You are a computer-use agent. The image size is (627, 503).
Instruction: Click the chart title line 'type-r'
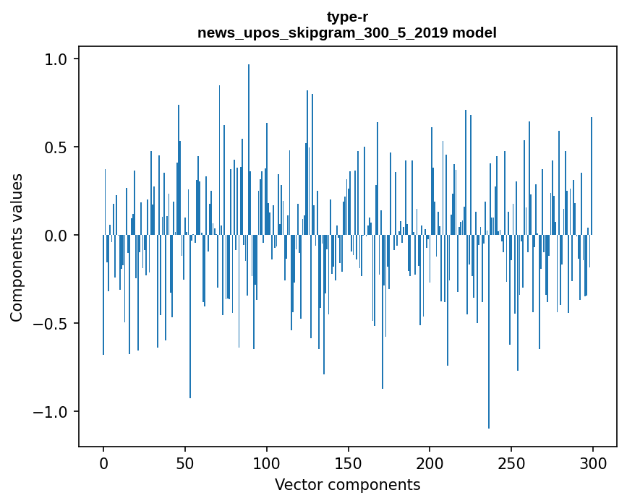click(x=347, y=17)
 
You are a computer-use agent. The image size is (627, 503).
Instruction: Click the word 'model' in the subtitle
click(x=474, y=33)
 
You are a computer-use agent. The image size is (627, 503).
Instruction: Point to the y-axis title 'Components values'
click(x=17, y=248)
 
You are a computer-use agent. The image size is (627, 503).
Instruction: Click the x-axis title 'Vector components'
click(x=347, y=485)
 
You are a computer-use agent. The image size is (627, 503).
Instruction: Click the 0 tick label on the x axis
click(x=103, y=463)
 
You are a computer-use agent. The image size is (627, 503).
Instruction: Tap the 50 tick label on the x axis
click(x=184, y=463)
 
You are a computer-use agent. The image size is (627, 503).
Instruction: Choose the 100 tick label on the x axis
click(x=266, y=463)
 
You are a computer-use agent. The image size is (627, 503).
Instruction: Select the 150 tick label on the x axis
click(x=348, y=463)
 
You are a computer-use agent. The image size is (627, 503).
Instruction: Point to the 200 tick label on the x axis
click(x=430, y=463)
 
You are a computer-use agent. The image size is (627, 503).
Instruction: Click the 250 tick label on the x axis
click(x=511, y=463)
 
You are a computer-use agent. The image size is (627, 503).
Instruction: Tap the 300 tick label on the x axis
click(x=592, y=463)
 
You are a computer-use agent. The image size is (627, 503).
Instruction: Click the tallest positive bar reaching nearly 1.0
click(x=249, y=150)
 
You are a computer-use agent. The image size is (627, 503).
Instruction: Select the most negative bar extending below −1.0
click(x=489, y=332)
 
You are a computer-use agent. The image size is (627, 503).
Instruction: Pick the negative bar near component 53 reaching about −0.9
click(x=190, y=317)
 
